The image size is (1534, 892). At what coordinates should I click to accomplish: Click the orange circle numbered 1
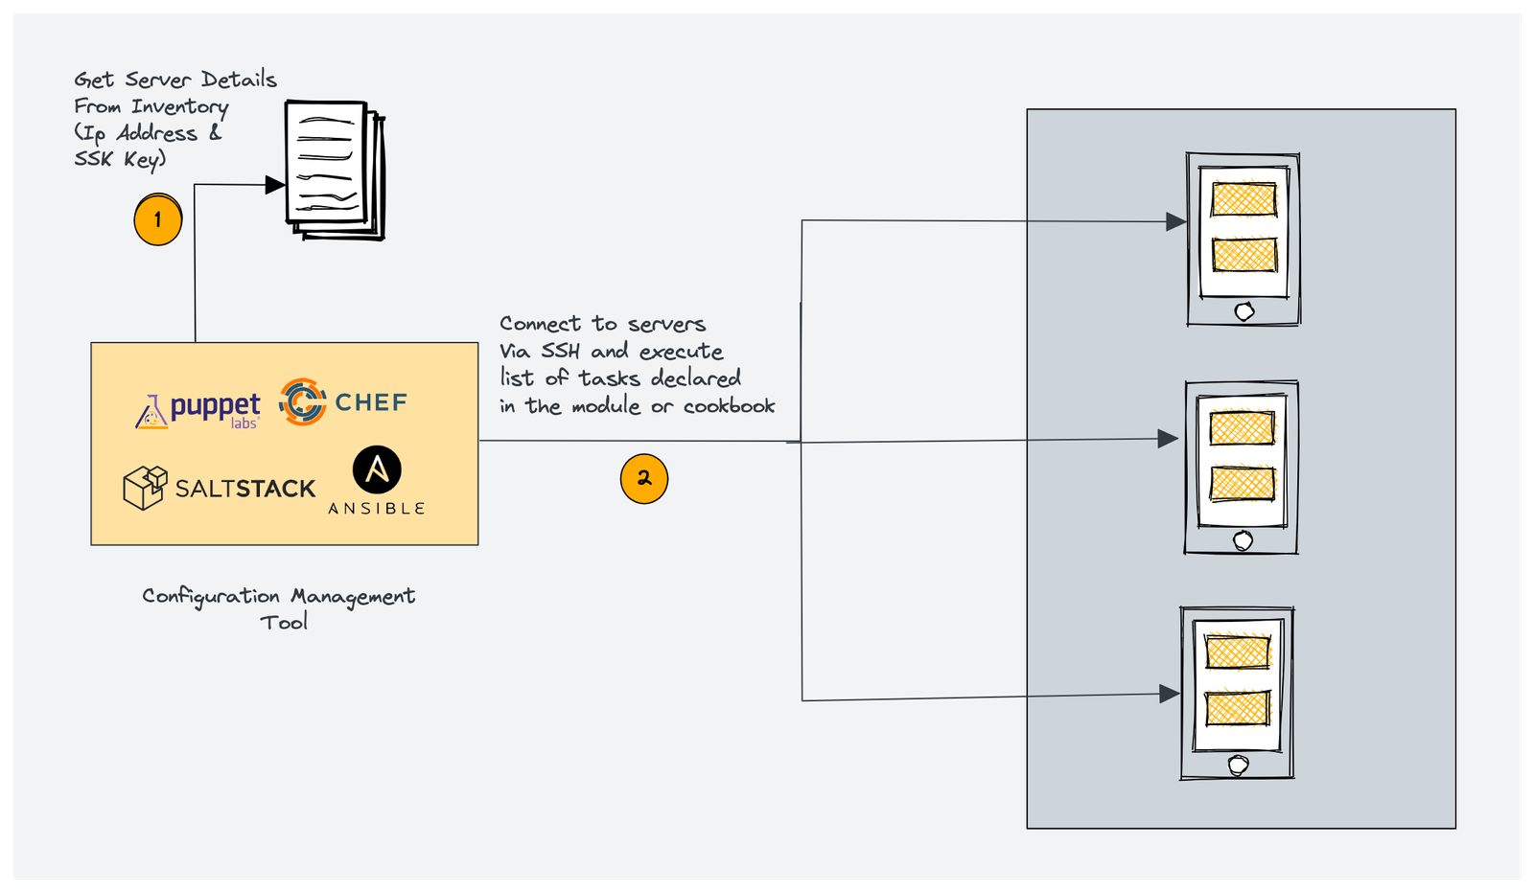[x=158, y=219]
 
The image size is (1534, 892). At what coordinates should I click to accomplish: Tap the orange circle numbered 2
[x=644, y=478]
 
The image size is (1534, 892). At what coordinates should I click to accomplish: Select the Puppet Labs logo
[x=199, y=410]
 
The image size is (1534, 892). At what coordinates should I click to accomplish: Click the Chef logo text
[x=371, y=402]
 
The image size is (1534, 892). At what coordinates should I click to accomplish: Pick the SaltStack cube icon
[x=145, y=487]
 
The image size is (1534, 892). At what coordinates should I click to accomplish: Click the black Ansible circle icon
[x=377, y=469]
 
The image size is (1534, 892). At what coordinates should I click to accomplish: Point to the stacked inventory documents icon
[x=334, y=170]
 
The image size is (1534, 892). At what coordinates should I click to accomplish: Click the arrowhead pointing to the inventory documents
[x=275, y=185]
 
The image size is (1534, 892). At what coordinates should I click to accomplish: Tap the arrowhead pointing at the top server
[x=1175, y=221]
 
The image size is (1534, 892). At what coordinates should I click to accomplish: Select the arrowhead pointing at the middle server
[x=1167, y=439]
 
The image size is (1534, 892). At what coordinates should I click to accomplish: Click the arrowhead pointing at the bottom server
[x=1169, y=694]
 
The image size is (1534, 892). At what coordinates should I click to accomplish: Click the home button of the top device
[x=1244, y=311]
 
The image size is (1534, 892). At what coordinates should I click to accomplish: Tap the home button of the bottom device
[x=1238, y=765]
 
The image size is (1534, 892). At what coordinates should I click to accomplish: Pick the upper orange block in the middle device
[x=1242, y=428]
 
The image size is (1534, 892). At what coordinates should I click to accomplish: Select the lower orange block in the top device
[x=1244, y=255]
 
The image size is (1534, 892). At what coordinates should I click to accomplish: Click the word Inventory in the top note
[x=179, y=106]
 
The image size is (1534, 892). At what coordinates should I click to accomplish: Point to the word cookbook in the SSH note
[x=729, y=406]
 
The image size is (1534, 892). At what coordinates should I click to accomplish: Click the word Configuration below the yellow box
[x=211, y=597]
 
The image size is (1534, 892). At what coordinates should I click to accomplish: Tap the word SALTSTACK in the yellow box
[x=244, y=490]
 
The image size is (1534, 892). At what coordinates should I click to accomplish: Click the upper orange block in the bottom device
[x=1237, y=652]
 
